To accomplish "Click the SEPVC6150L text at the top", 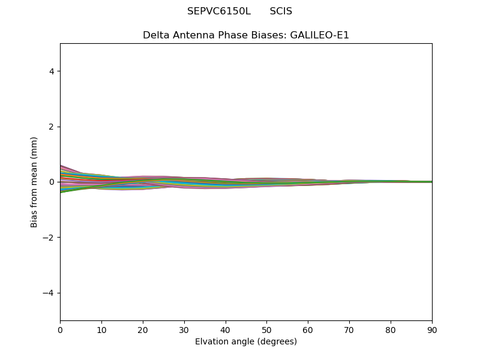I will tap(218, 11).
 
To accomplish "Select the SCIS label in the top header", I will tap(281, 11).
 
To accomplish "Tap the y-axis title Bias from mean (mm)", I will tap(34, 182).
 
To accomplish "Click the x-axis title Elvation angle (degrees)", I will tap(246, 342).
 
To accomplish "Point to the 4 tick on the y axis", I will tap(52, 71).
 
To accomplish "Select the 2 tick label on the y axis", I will tap(52, 127).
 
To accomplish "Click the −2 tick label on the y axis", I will tap(49, 238).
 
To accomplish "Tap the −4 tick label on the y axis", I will tap(49, 293).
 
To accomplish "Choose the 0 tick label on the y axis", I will tap(52, 182).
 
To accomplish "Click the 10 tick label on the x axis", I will tap(101, 330).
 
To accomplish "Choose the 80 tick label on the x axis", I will tap(391, 330).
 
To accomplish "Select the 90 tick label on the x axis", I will tap(432, 330).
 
